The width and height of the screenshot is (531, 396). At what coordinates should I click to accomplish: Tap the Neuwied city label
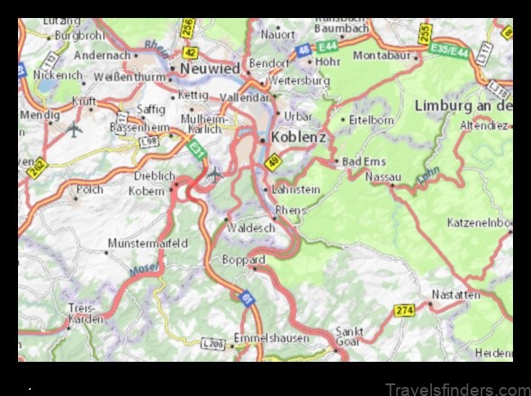pos(210,67)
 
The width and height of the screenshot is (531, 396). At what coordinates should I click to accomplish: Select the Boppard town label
pos(243,260)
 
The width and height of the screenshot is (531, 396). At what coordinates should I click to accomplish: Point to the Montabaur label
pos(389,55)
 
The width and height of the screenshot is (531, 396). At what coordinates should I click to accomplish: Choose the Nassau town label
pos(382,177)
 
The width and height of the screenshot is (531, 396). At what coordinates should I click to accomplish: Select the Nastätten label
pos(454,294)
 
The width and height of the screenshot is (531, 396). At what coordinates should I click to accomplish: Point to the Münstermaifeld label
pos(148,243)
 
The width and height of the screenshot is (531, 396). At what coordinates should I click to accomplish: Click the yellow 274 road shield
pos(404,310)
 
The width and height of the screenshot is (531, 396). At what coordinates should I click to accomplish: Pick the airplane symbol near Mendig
pos(74,129)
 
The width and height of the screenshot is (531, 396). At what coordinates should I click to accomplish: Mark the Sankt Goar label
pos(349,336)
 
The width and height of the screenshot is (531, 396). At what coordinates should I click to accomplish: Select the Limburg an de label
pos(463,105)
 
